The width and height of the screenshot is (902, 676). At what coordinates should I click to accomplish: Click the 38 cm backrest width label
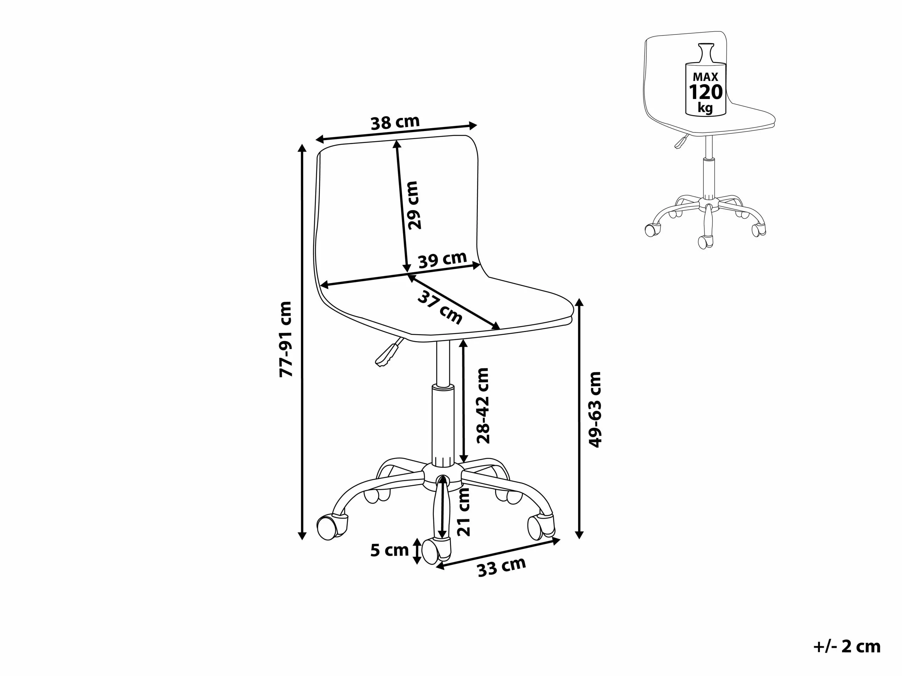[x=395, y=122]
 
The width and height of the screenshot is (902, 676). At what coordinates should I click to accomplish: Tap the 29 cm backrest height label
[x=413, y=205]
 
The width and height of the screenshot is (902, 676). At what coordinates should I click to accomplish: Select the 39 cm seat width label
[x=443, y=259]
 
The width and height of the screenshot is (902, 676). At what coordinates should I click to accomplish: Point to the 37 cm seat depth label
[x=440, y=308]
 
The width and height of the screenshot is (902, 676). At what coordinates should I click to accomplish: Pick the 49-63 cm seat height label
[x=595, y=409]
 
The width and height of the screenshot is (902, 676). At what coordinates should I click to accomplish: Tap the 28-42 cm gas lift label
[x=483, y=406]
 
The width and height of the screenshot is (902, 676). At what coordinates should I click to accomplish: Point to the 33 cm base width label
[x=502, y=567]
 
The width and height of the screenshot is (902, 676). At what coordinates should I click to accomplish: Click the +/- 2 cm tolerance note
[x=847, y=647]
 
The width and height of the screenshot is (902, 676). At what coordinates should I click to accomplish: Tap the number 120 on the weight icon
[x=706, y=92]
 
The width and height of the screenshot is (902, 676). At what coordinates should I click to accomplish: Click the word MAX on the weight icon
[x=705, y=77]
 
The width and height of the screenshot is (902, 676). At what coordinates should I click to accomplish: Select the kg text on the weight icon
[x=705, y=108]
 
